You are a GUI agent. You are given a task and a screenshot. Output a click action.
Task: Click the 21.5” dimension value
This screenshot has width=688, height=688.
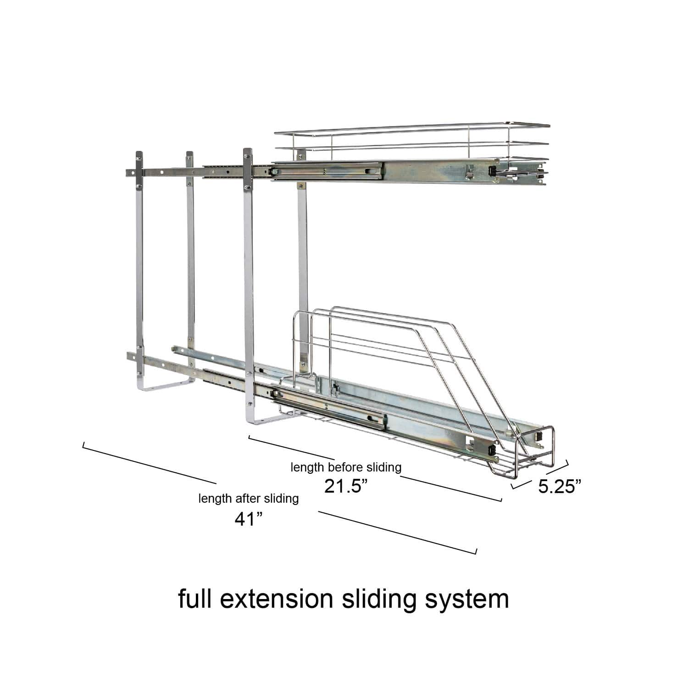[346, 486]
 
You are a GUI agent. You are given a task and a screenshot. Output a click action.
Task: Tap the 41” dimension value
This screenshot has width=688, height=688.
[249, 519]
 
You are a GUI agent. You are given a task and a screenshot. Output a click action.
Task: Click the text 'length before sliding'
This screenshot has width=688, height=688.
[346, 467]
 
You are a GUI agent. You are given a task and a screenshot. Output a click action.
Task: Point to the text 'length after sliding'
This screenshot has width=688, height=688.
[249, 499]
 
